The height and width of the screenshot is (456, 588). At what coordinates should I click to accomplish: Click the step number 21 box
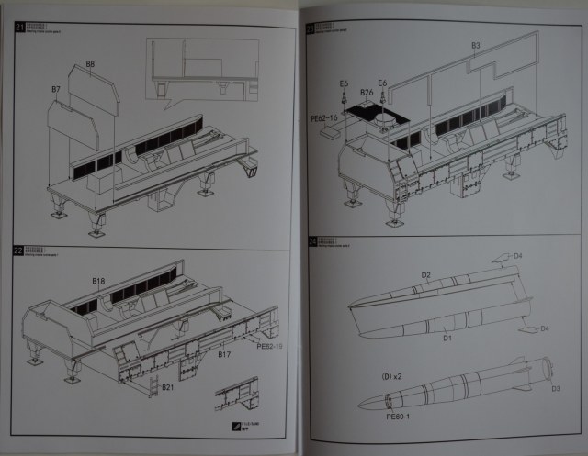[20, 28]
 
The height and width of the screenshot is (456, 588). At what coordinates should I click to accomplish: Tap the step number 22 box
[19, 251]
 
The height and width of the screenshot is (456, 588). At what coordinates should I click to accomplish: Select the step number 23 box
[310, 28]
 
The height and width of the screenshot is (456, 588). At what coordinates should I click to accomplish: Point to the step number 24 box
[310, 242]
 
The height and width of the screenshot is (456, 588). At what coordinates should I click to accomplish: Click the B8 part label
[90, 63]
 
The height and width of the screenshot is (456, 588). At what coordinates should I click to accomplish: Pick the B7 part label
[56, 89]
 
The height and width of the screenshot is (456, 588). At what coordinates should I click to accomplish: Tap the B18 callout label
[99, 279]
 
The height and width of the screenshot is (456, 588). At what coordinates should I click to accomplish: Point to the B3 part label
[475, 45]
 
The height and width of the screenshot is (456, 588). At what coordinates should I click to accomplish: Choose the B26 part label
[367, 92]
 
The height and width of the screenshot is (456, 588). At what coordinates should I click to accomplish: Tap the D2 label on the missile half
[425, 274]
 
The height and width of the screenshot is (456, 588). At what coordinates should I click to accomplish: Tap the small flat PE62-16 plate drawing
[332, 132]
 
